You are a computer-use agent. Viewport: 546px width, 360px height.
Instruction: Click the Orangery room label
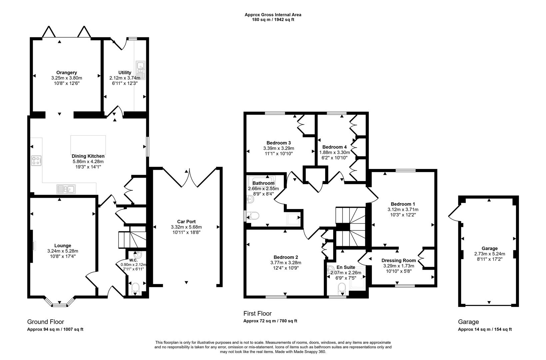67,72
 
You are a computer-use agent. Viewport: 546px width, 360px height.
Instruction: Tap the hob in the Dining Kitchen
36,161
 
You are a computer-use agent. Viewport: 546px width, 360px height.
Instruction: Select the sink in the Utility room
141,70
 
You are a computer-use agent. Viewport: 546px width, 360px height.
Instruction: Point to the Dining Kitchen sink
66,189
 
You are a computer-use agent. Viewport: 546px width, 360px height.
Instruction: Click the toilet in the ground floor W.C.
135,289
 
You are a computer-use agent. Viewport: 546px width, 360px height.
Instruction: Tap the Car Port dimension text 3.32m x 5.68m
186,227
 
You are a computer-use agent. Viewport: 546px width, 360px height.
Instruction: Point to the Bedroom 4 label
334,147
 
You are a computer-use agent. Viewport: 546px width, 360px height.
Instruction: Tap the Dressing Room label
398,260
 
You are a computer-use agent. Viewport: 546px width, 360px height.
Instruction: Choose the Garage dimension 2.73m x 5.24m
489,254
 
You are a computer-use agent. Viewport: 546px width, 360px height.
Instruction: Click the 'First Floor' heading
258,313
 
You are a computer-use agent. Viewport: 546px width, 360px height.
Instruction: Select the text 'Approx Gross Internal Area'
273,15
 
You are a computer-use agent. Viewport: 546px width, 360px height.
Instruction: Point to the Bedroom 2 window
276,297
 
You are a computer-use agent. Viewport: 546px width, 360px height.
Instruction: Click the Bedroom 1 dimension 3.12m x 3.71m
403,210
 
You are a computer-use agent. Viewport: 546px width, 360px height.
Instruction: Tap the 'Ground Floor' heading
46,322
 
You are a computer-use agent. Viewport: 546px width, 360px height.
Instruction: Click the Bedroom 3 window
275,113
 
